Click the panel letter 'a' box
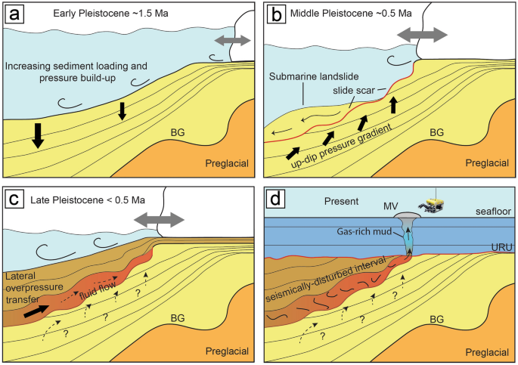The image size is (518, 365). [13, 13]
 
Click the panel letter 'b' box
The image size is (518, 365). [275, 13]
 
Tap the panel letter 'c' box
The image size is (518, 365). [13, 200]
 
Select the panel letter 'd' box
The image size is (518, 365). [275, 200]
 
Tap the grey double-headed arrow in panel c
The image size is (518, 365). [160, 220]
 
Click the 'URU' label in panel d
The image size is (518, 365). [499, 246]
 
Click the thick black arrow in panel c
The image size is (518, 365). [36, 310]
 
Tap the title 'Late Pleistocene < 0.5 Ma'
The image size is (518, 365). [84, 200]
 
